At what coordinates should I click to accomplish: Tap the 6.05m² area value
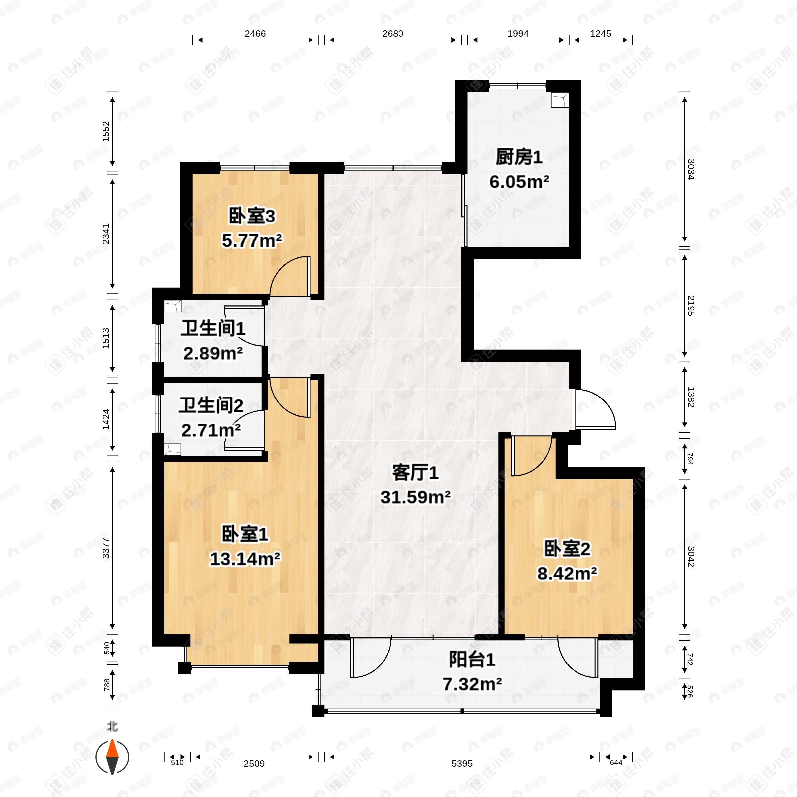519,182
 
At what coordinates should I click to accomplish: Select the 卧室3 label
252,216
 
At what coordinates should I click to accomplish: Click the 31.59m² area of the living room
415,497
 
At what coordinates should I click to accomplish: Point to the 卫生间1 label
213,329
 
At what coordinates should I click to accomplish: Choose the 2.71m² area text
211,430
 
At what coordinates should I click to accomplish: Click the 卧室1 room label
245,534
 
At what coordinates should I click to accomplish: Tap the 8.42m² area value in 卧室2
567,573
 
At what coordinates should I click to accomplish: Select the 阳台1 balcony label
472,660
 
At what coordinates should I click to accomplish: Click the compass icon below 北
112,757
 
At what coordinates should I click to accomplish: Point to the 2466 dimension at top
255,34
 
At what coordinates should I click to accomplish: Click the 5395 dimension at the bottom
462,763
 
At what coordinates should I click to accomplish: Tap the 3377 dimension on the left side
106,548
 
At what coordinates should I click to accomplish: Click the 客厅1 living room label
415,473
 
